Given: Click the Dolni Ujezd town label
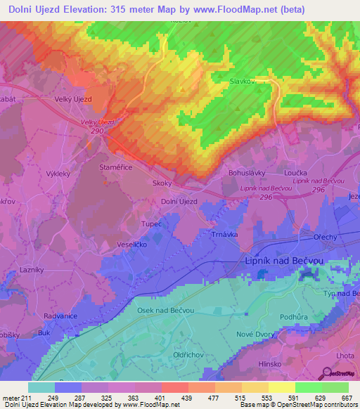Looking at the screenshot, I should tap(179, 202).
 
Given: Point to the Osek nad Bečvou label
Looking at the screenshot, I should tap(167, 311).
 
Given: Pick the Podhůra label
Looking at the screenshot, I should tap(314, 318).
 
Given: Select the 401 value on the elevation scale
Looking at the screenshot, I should tap(161, 398).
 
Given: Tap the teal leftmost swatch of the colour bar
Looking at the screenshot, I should tap(41, 387).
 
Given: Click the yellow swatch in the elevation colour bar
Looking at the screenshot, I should tap(281, 387).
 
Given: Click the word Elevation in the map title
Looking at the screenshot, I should tap(86, 8).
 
